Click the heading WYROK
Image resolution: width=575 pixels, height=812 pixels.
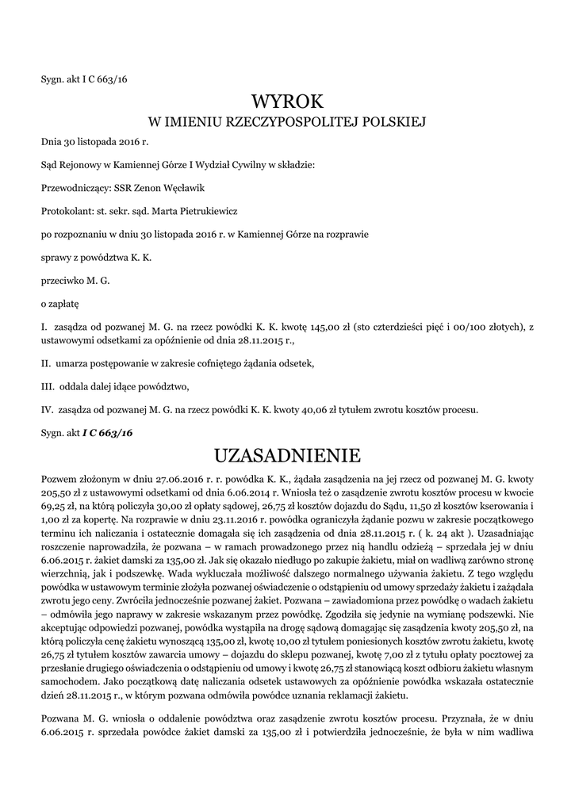click(x=287, y=101)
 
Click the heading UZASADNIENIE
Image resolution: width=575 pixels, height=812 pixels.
click(x=287, y=455)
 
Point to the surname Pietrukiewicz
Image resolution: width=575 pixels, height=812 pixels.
click(x=192, y=212)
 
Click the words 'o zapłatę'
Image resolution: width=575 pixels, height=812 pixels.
click(x=59, y=303)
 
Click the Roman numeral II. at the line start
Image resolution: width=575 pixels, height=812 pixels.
click(x=46, y=363)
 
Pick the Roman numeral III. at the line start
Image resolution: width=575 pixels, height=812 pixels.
click(x=48, y=387)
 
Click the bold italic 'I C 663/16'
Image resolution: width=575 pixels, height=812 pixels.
click(x=107, y=433)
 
